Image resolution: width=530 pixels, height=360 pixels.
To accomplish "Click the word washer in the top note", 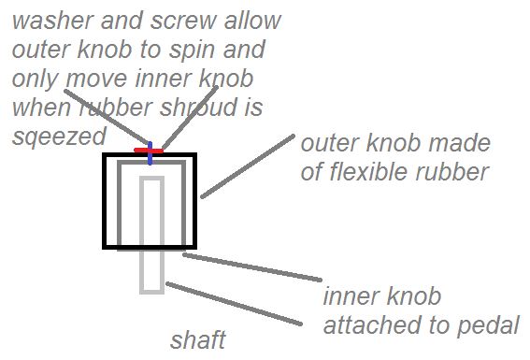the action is click(48, 20).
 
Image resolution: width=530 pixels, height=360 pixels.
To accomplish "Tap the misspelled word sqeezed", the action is click(58, 137).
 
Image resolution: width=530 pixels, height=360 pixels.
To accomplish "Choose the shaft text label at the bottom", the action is click(197, 338).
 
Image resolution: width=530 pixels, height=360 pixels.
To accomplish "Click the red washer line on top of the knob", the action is click(148, 151).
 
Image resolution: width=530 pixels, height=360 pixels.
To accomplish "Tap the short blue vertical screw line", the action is click(150, 154).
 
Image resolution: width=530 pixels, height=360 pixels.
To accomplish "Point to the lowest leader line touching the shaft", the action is click(234, 304).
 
